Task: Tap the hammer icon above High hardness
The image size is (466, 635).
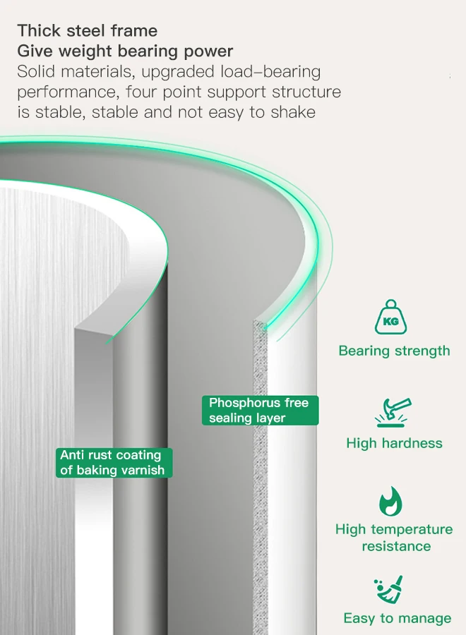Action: click(393, 413)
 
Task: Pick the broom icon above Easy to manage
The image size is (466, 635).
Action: click(389, 590)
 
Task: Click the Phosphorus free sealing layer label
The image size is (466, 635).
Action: click(259, 410)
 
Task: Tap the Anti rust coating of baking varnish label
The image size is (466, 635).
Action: click(113, 462)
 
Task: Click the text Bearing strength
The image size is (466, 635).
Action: click(394, 351)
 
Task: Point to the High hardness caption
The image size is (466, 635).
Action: click(394, 443)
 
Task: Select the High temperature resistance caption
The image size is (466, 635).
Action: click(394, 538)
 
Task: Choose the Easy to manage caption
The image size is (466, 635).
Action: click(397, 618)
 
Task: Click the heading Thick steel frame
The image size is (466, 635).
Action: click(88, 30)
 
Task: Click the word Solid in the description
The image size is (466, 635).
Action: click(36, 71)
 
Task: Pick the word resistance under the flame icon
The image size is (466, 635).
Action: click(396, 546)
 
